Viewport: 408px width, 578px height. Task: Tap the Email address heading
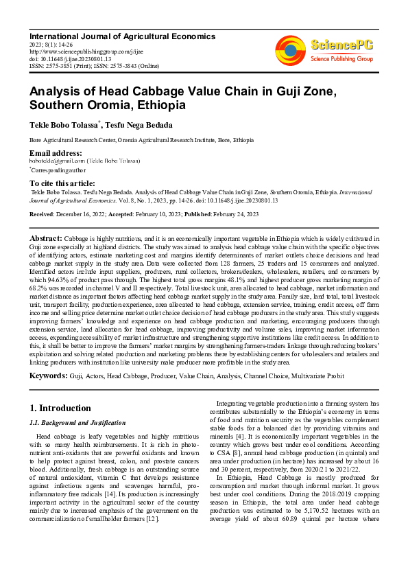tap(56, 152)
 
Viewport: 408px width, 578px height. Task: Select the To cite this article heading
tap(62, 183)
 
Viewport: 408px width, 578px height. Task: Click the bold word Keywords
tap(49, 377)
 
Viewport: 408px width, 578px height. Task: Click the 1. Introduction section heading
tap(60, 408)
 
